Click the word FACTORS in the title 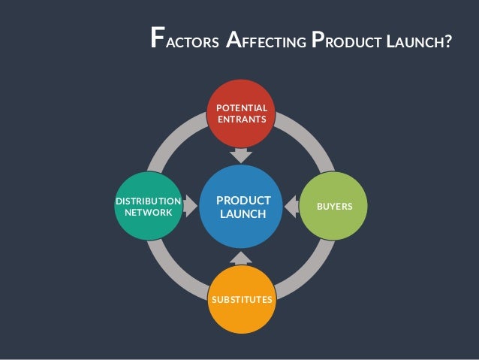185,40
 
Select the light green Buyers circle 334,205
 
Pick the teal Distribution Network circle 147,207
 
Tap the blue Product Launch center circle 242,207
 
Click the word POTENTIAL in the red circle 242,108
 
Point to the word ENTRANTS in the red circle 242,120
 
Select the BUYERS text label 335,205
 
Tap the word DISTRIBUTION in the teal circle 147,201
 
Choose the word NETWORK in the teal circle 148,213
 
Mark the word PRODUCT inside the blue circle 243,201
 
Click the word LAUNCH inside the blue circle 243,216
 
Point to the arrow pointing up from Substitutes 242,258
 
